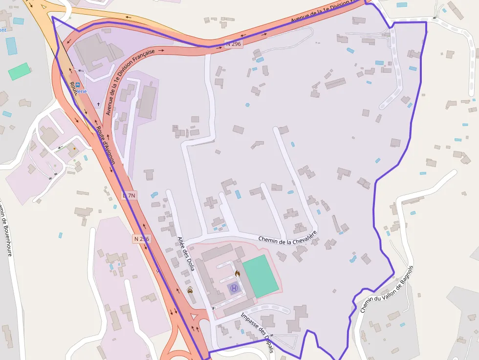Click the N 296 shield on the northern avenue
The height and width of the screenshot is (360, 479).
coord(233,43)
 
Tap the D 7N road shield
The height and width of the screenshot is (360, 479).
coord(129,195)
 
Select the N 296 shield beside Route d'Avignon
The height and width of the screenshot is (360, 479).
coord(141,239)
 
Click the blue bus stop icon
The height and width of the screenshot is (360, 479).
coord(77,85)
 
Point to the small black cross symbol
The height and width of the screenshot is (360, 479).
coord(98,104)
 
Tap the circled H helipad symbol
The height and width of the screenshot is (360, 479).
coord(234,288)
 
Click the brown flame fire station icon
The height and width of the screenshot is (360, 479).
coord(238,274)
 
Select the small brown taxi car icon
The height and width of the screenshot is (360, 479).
coord(190,290)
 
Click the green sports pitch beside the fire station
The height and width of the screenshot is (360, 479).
coord(260,275)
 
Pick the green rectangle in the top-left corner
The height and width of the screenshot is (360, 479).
coord(19,71)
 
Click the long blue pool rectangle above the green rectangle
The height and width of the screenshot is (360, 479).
coord(11,45)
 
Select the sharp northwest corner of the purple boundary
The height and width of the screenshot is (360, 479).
coord(52,17)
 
